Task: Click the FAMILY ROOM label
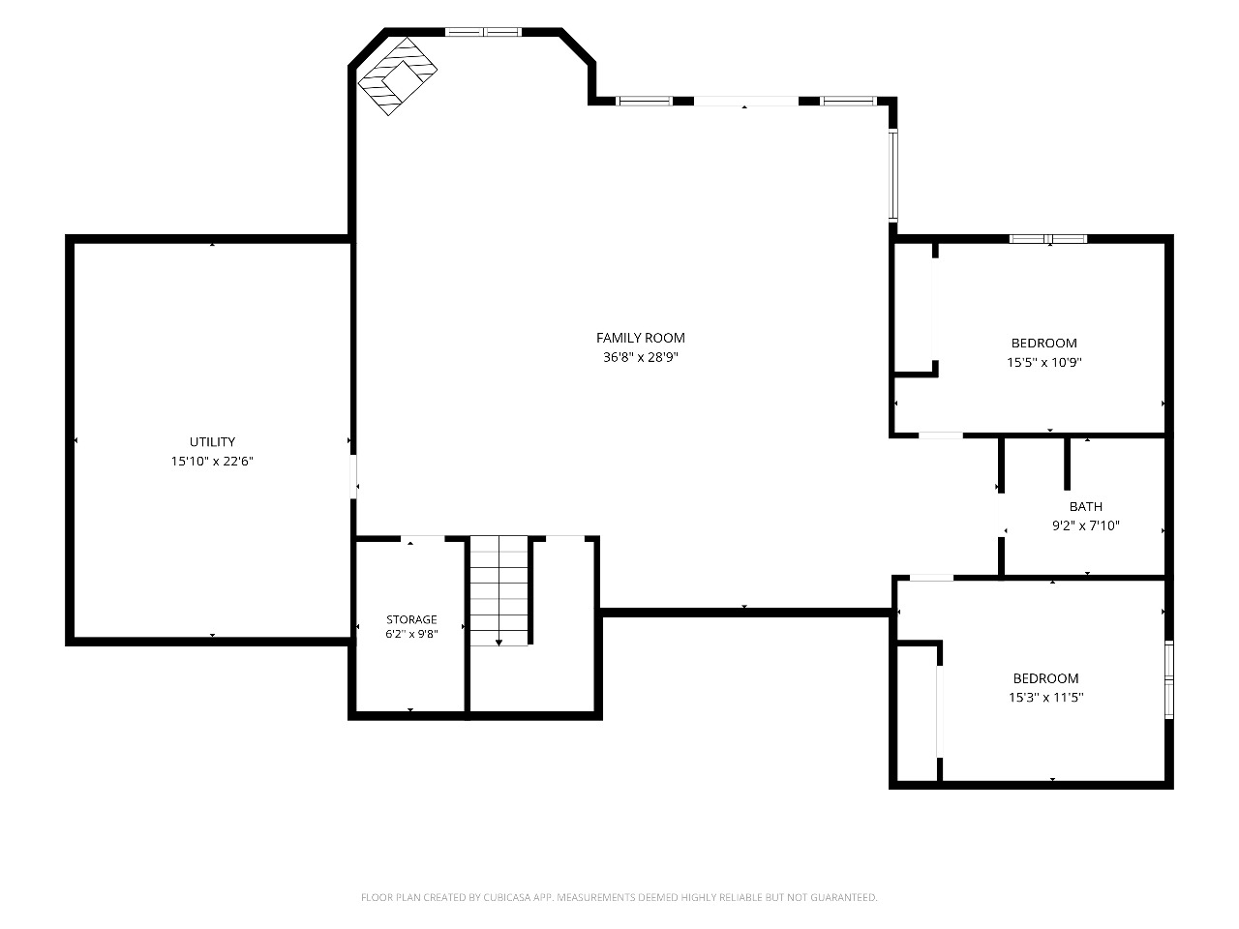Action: pyautogui.click(x=641, y=338)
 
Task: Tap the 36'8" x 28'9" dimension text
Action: pyautogui.click(x=641, y=357)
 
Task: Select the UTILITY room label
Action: pyautogui.click(x=212, y=441)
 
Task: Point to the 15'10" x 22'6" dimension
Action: pyautogui.click(x=212, y=462)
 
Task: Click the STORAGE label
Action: pyautogui.click(x=411, y=619)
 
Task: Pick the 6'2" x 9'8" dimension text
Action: pyautogui.click(x=411, y=634)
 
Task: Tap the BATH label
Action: pyautogui.click(x=1085, y=506)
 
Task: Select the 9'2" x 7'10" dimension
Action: pyautogui.click(x=1085, y=525)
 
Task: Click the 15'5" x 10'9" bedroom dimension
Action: pyautogui.click(x=1044, y=362)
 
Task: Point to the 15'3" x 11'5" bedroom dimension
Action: pyautogui.click(x=1046, y=697)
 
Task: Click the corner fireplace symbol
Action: pyautogui.click(x=398, y=76)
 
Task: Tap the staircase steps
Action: pyautogui.click(x=499, y=590)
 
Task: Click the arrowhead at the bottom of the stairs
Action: pyautogui.click(x=499, y=643)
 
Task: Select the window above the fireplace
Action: pyautogui.click(x=483, y=32)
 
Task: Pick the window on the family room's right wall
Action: pyautogui.click(x=893, y=175)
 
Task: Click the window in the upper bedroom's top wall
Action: pyautogui.click(x=1048, y=239)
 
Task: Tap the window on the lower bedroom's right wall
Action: pyautogui.click(x=1169, y=679)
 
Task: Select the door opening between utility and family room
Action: pyautogui.click(x=353, y=476)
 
